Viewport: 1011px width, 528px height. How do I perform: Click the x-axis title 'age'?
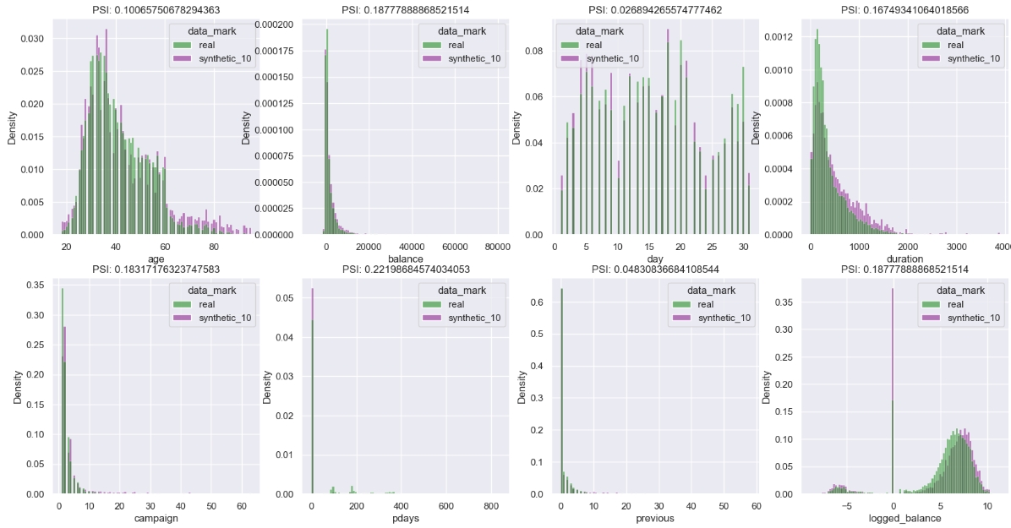(x=156, y=259)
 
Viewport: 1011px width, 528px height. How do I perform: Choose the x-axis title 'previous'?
(x=654, y=518)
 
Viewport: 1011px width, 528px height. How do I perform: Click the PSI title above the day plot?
(x=654, y=10)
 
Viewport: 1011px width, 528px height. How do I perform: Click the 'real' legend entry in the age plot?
(x=209, y=45)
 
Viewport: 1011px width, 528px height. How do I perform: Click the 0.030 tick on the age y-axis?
(x=33, y=39)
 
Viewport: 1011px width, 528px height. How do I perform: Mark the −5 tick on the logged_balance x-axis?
(x=837, y=505)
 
